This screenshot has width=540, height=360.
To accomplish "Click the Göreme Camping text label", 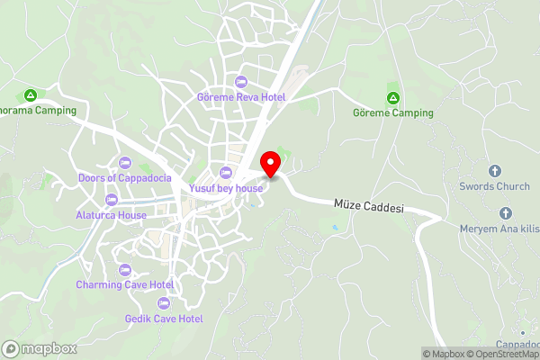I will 393,113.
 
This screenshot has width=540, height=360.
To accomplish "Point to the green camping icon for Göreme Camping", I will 392,97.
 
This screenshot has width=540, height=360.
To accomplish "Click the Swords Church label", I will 494,186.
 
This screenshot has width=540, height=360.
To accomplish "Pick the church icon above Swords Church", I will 494,171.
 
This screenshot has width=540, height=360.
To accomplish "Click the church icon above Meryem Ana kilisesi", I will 505,213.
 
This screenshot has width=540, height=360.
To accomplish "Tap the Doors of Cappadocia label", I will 125,177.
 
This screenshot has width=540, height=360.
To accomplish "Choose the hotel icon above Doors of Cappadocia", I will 125,162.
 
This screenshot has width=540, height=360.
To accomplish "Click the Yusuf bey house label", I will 226,188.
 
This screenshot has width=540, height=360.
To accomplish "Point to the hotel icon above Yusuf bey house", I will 226,173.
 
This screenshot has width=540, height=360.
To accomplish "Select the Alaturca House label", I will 112,215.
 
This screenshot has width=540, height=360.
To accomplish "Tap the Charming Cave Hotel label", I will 125,284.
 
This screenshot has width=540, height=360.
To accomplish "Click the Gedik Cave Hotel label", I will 164,319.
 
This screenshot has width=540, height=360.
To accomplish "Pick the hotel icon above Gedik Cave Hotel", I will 164,303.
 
